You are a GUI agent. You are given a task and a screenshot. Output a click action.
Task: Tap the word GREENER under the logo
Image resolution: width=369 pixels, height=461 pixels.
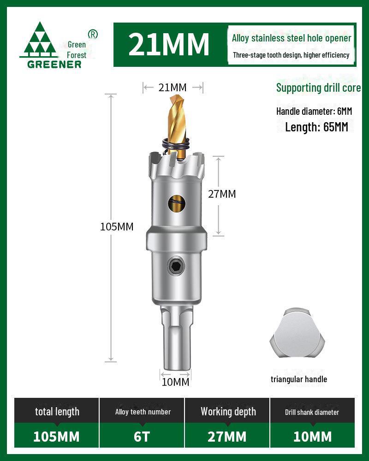click(54, 65)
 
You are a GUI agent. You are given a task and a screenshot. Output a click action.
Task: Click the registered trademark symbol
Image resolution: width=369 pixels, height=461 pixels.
click(93, 34)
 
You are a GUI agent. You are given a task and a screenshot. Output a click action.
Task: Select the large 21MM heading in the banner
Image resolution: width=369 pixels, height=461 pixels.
click(169, 45)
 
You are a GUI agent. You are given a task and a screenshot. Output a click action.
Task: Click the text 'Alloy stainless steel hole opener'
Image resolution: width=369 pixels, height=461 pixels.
click(292, 38)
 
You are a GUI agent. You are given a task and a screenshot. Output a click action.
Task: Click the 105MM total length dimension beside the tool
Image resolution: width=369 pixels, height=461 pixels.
click(117, 227)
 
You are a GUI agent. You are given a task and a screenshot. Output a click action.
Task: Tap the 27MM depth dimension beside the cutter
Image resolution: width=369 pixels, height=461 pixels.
click(222, 194)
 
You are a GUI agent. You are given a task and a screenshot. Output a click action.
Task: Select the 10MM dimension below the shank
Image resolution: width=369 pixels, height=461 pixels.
click(175, 382)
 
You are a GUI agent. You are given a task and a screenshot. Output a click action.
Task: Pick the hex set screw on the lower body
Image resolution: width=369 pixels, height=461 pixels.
click(175, 266)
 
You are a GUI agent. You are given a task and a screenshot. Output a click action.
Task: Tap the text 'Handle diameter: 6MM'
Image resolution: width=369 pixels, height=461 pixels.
click(314, 111)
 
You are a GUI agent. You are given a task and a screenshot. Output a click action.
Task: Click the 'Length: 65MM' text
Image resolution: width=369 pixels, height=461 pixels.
click(316, 127)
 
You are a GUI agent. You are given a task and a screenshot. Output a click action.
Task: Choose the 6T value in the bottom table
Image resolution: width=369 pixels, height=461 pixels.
click(142, 437)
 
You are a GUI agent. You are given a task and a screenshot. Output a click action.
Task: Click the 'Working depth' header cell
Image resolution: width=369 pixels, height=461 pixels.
click(228, 412)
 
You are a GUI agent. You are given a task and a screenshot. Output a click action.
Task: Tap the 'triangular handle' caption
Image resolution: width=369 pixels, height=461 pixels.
click(299, 379)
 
